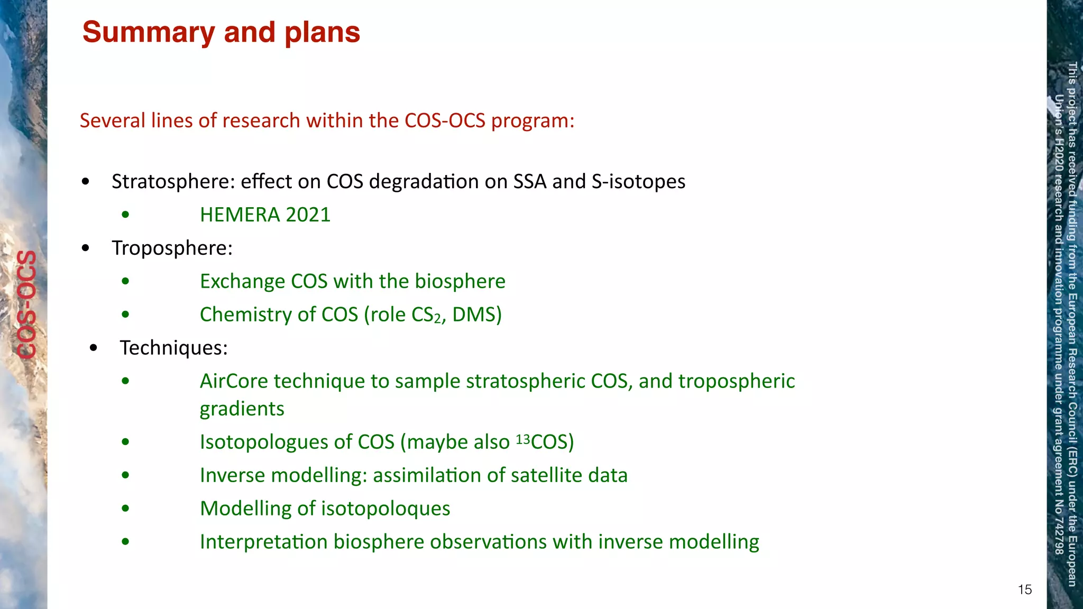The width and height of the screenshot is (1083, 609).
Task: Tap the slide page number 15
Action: click(1024, 589)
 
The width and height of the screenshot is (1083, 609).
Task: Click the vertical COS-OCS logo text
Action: click(26, 304)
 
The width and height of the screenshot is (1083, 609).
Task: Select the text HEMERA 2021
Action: click(265, 215)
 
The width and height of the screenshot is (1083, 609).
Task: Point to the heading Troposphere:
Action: click(172, 248)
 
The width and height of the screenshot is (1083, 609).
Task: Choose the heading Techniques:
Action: click(173, 348)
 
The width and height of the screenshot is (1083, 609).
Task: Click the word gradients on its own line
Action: click(242, 409)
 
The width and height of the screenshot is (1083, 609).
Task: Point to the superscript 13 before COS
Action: click(522, 439)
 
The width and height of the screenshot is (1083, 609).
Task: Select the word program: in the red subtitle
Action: click(533, 121)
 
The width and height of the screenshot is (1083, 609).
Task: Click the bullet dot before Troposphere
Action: click(86, 248)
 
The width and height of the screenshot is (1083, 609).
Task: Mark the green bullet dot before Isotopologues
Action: click(125, 442)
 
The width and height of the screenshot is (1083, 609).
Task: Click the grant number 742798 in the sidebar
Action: click(1059, 536)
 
